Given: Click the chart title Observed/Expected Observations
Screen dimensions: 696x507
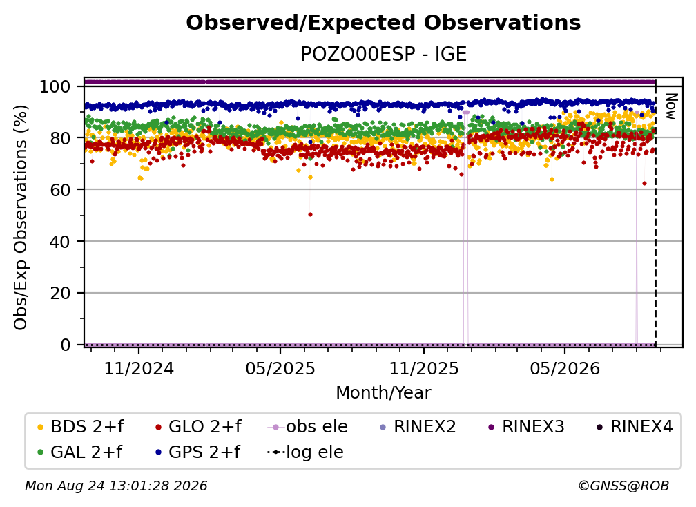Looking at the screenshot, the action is pos(383,23).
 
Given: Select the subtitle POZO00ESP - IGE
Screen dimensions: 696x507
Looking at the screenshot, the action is pos(383,54).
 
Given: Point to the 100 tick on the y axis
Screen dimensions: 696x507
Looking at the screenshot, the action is pos(55,86).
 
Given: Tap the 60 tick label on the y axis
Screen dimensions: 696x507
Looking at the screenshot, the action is pos(60,189).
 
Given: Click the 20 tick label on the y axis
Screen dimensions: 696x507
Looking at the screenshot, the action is pos(60,293).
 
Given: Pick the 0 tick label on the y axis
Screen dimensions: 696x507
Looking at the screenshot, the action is pos(66,345).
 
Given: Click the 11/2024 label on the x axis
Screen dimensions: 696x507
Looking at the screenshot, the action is pos(139,368).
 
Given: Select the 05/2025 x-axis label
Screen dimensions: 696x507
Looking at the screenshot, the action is pos(280,368).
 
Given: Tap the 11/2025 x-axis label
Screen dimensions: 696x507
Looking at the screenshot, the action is pos(424,368).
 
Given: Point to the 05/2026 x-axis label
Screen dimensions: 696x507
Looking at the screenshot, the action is pos(565,368).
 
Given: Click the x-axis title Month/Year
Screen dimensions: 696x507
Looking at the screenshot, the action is pos(383,392).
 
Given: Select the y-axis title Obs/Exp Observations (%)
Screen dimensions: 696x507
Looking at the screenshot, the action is pos(21,217).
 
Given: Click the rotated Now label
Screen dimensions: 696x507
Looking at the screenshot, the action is pos(670,106).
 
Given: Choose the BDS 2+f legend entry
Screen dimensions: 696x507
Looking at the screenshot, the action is pos(80,427).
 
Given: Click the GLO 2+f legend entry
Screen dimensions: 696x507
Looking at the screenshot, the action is pos(198,427).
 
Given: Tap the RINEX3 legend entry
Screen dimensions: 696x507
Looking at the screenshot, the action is pos(526,427).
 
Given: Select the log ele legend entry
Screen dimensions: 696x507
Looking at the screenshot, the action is pos(305,452).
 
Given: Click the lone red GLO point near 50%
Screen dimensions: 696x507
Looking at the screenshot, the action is pos(310,214).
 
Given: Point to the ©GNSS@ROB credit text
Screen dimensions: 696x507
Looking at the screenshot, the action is pos(623,486).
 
